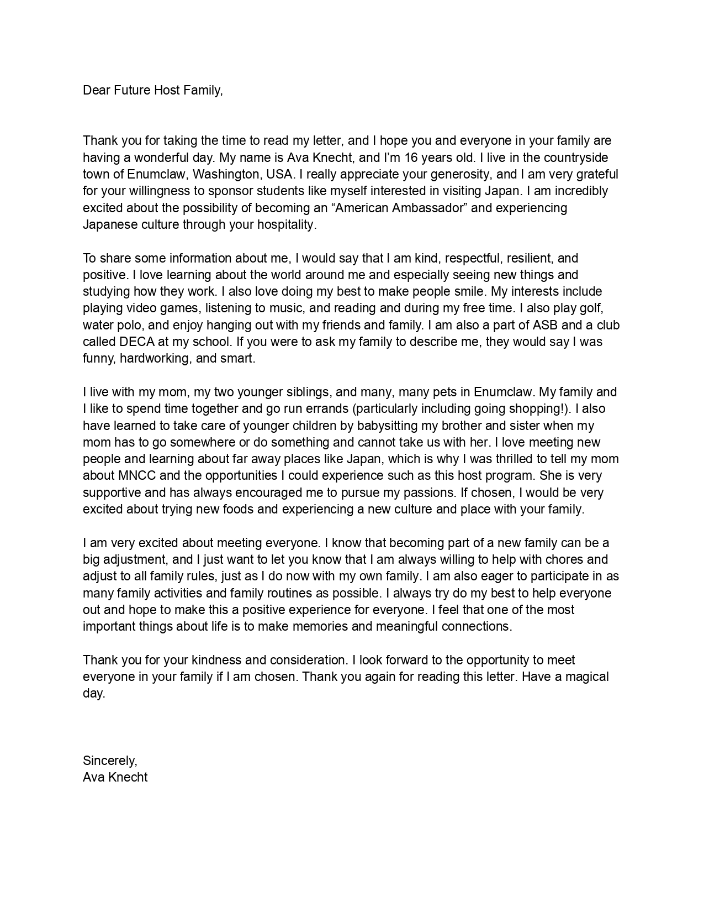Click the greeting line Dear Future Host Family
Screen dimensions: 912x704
point(153,91)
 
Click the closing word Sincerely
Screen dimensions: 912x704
point(109,761)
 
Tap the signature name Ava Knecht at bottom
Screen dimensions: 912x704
point(115,777)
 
